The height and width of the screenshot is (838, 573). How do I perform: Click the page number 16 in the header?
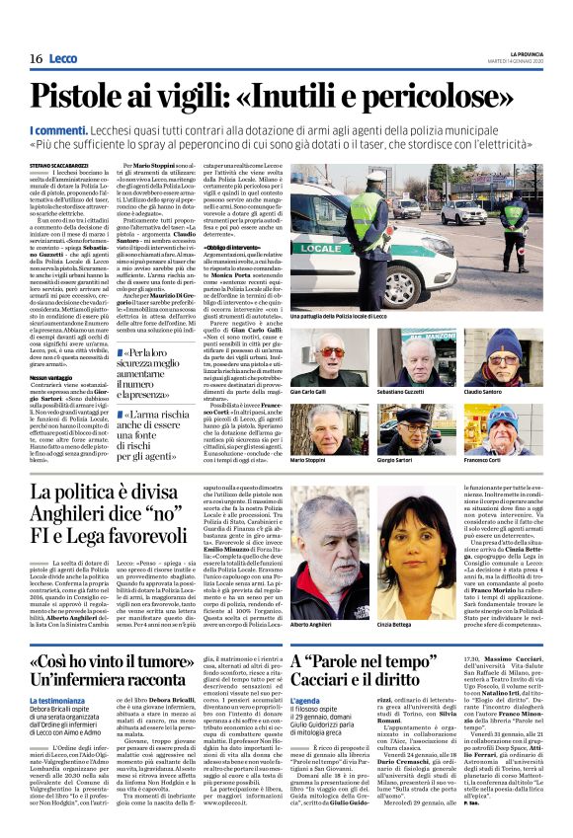(x=36, y=59)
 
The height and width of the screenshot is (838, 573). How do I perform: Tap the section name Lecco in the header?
(x=62, y=59)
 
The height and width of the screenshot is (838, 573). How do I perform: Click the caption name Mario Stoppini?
(x=308, y=460)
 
